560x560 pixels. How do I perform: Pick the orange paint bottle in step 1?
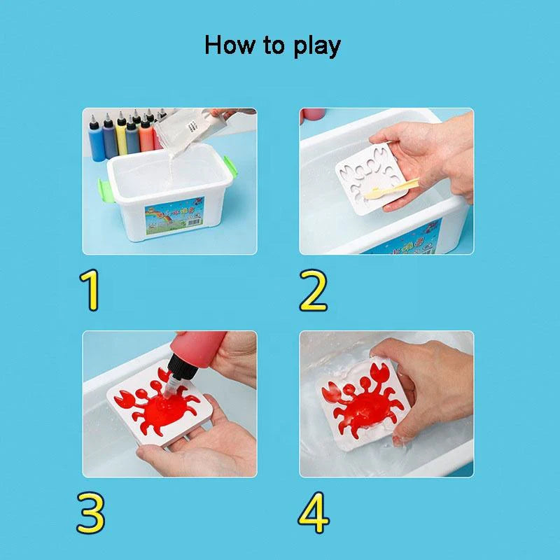146,134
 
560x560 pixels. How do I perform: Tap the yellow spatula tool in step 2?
384,188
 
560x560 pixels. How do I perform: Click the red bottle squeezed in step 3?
203,357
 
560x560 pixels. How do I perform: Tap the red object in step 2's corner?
311,115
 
